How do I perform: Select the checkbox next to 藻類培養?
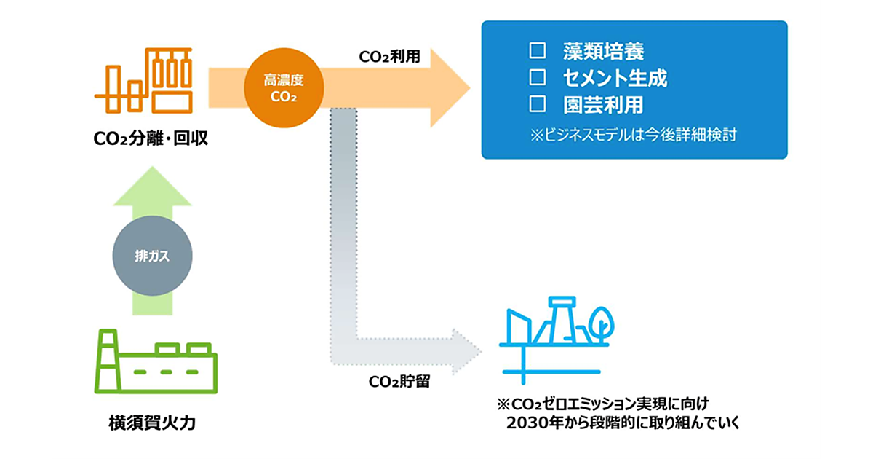click(x=538, y=51)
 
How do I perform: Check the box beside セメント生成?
click(x=538, y=77)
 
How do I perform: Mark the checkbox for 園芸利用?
click(x=538, y=103)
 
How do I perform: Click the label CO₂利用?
click(x=390, y=57)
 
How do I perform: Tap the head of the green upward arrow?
click(x=153, y=186)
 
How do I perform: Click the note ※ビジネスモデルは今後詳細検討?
click(x=633, y=136)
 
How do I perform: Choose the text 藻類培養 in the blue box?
click(x=603, y=52)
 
